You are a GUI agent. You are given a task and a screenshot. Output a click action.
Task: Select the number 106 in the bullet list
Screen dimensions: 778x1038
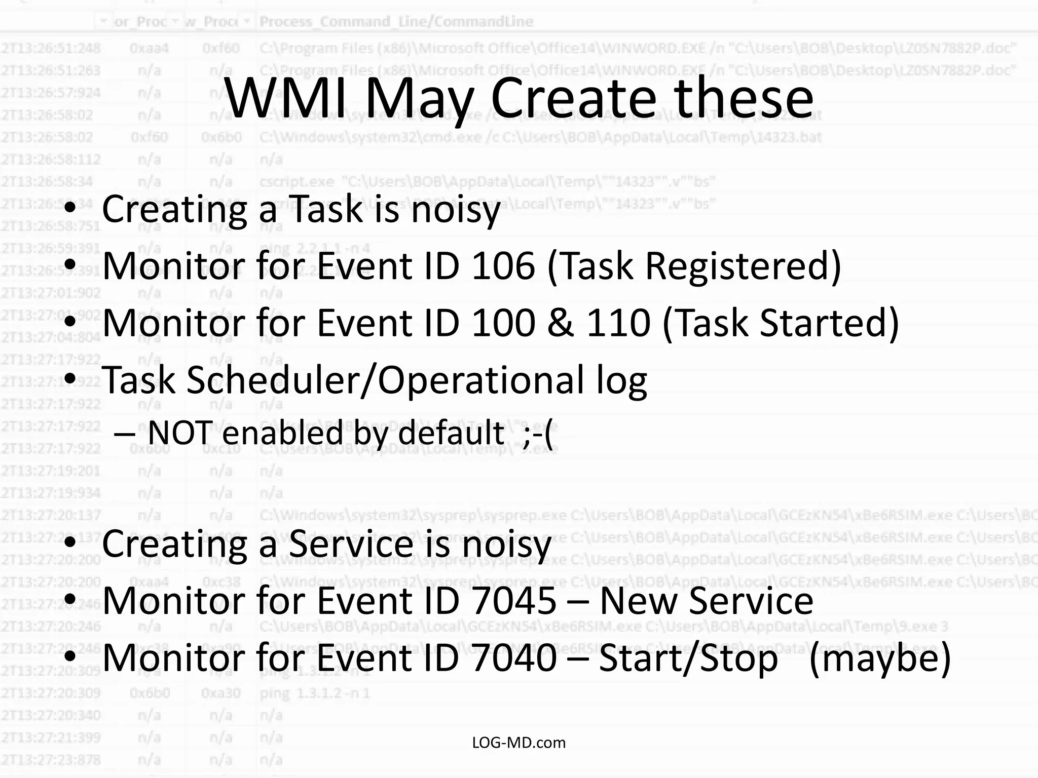pyautogui.click(x=503, y=265)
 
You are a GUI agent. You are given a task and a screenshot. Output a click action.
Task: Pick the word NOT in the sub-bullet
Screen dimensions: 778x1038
pyautogui.click(x=180, y=434)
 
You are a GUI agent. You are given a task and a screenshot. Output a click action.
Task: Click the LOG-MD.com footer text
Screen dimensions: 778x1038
pyautogui.click(x=518, y=743)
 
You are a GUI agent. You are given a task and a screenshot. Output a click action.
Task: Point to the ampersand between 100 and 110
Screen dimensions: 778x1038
pyautogui.click(x=560, y=323)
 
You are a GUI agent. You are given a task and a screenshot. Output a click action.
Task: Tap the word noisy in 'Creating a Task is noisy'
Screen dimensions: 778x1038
pyautogui.click(x=455, y=210)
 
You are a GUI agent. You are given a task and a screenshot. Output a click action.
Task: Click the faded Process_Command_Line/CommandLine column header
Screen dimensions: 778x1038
pyautogui.click(x=396, y=22)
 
